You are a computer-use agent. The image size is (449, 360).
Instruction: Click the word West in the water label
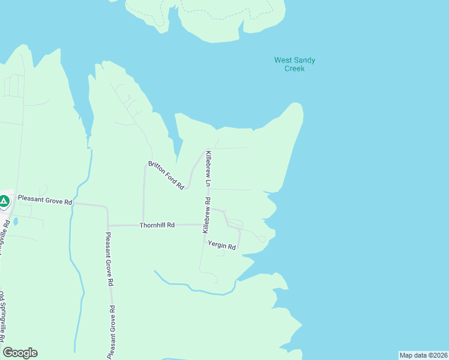(x=284, y=60)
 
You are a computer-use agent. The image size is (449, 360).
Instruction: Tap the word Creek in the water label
(x=294, y=68)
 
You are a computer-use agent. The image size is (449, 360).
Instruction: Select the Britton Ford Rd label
(x=166, y=175)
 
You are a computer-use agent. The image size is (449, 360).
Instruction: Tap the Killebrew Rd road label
(x=206, y=215)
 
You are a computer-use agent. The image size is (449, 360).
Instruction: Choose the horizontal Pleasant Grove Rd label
(x=44, y=200)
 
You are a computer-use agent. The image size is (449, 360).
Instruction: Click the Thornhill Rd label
(x=157, y=225)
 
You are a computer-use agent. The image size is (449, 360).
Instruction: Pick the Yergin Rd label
(x=221, y=245)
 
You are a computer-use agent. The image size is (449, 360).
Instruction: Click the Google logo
(x=20, y=353)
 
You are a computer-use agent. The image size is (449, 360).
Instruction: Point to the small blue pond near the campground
(x=15, y=221)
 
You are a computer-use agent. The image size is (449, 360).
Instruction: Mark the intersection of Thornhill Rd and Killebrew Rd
(x=202, y=225)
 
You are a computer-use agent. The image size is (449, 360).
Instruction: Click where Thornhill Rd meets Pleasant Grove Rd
(x=107, y=225)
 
